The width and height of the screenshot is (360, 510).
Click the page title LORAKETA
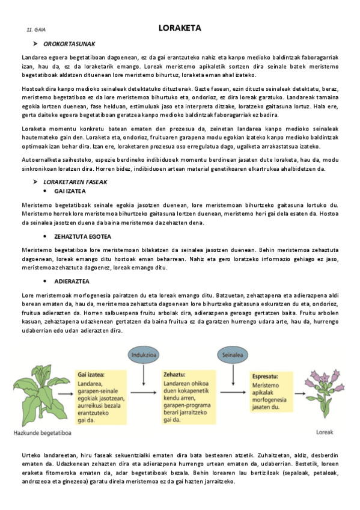(x=180, y=28)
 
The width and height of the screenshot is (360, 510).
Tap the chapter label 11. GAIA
(x=36, y=29)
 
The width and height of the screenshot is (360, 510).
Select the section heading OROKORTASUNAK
(x=69, y=44)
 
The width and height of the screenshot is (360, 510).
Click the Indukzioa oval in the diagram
(x=144, y=354)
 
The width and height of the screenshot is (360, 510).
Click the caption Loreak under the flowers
(x=326, y=431)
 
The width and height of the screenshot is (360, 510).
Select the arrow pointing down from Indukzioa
(x=144, y=375)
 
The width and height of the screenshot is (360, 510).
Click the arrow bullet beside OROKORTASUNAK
(x=35, y=44)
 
